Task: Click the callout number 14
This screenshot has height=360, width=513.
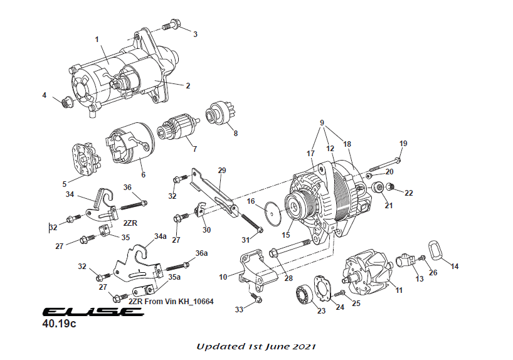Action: (x=455, y=267)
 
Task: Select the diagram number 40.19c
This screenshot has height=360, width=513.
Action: (x=59, y=326)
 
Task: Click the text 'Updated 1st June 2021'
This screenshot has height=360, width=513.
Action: (x=256, y=346)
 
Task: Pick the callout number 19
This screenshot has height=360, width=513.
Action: (x=403, y=144)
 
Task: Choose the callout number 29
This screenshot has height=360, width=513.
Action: (x=221, y=170)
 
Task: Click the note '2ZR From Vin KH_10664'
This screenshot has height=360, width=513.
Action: (x=171, y=302)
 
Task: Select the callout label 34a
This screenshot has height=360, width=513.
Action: (x=161, y=236)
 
